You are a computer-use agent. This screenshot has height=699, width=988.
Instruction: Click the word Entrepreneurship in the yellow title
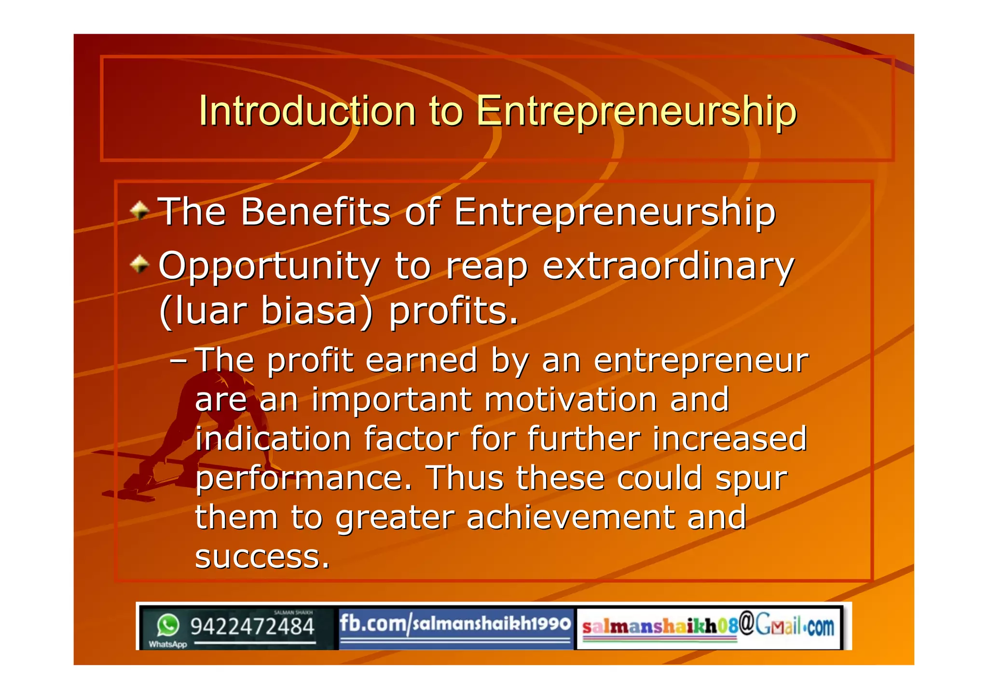tap(636, 112)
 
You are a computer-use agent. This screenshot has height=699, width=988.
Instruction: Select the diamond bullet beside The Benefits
tap(140, 210)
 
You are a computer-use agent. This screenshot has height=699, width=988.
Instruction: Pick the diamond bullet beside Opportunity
tap(140, 264)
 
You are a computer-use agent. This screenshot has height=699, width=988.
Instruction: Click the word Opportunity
tap(269, 266)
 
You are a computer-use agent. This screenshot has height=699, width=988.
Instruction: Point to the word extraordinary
tap(668, 266)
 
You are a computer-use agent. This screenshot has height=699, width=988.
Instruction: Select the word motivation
tap(571, 400)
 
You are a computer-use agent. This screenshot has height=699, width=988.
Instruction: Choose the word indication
tap(273, 439)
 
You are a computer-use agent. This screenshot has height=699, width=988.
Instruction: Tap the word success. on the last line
tap(262, 557)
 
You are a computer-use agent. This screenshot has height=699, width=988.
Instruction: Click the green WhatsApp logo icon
tap(168, 625)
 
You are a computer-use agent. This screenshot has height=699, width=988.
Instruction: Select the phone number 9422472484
tap(252, 627)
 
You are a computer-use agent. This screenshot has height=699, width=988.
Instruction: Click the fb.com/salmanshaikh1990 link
tap(455, 624)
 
